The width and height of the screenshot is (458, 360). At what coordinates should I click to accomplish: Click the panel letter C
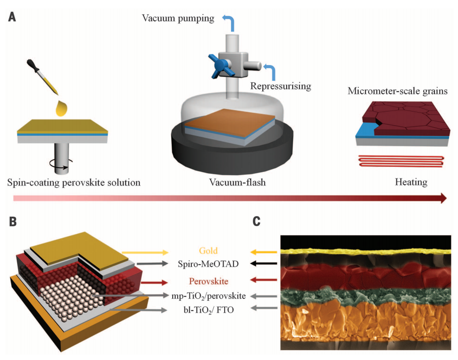(x=256, y=221)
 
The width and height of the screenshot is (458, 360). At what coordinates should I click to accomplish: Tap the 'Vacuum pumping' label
(x=178, y=19)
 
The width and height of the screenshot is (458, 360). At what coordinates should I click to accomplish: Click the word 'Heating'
(x=411, y=182)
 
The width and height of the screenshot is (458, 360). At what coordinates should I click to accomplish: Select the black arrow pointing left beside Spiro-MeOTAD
(x=262, y=264)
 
